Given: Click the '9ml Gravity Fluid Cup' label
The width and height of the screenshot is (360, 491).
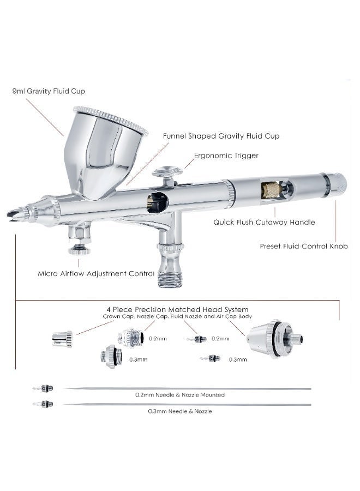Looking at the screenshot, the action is pos(49,91).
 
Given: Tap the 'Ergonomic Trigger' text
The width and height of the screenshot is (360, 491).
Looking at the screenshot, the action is pos(226,155).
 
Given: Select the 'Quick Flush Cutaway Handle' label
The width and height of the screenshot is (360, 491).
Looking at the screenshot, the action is pos(264,223).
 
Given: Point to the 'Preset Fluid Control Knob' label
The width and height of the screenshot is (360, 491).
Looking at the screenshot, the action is pos(304,246).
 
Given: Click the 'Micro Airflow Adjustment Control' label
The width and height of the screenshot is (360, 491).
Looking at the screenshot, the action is pos(96,273).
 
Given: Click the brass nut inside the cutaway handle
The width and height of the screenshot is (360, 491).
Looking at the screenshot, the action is pos(271,190).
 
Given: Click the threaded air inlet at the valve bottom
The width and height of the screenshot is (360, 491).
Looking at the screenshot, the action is pos(169,279).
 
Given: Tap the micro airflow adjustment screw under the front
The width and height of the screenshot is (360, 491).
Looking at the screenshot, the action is pos(79,250).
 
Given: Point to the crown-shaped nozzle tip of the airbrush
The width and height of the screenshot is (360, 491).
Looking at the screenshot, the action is pos(14,214).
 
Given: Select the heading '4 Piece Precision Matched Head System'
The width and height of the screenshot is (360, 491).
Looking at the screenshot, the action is pos(177,310).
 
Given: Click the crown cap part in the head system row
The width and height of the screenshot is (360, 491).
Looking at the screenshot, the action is pos(62,339).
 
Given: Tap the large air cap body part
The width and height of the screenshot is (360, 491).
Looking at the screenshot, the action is pos(274,339).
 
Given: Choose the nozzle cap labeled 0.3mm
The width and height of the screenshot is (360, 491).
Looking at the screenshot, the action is pos(110,357).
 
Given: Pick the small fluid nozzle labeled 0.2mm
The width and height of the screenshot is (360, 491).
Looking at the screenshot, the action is pos(196,339).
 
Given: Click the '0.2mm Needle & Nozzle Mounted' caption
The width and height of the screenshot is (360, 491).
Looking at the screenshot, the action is pos(180,395).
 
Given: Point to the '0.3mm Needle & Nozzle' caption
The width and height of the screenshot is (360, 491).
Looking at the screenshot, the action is pos(180,411).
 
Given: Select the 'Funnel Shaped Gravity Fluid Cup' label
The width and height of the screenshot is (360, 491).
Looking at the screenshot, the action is pos(221,136).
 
